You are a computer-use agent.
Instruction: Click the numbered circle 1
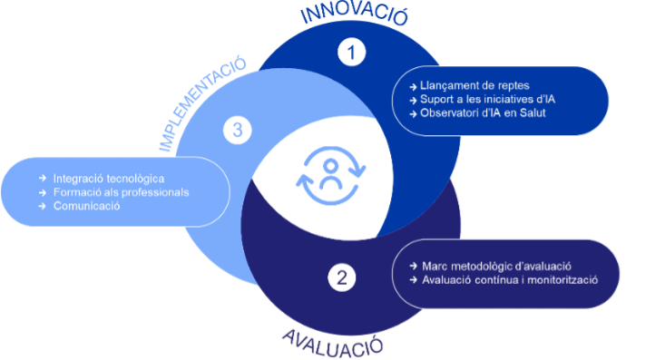click(x=350, y=52)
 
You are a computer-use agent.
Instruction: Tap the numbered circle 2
click(x=341, y=278)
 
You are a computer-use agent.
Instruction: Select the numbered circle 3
click(x=237, y=131)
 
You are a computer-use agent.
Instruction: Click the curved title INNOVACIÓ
click(x=354, y=15)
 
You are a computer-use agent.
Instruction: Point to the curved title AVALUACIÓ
click(x=333, y=342)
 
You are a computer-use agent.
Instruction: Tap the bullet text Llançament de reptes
click(x=463, y=85)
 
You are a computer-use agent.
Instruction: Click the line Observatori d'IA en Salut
click(x=477, y=113)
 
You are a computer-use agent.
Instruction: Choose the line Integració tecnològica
click(x=109, y=178)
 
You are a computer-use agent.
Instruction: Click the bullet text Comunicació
click(x=86, y=206)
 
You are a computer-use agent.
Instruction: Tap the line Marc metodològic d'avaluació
click(x=495, y=267)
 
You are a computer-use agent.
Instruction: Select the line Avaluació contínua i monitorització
click(x=510, y=280)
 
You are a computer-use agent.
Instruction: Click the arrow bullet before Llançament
click(x=413, y=85)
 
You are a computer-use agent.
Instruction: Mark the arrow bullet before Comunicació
click(x=43, y=206)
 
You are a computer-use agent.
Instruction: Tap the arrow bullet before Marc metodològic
click(x=414, y=267)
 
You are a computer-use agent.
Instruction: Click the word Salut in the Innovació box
click(x=531, y=113)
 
